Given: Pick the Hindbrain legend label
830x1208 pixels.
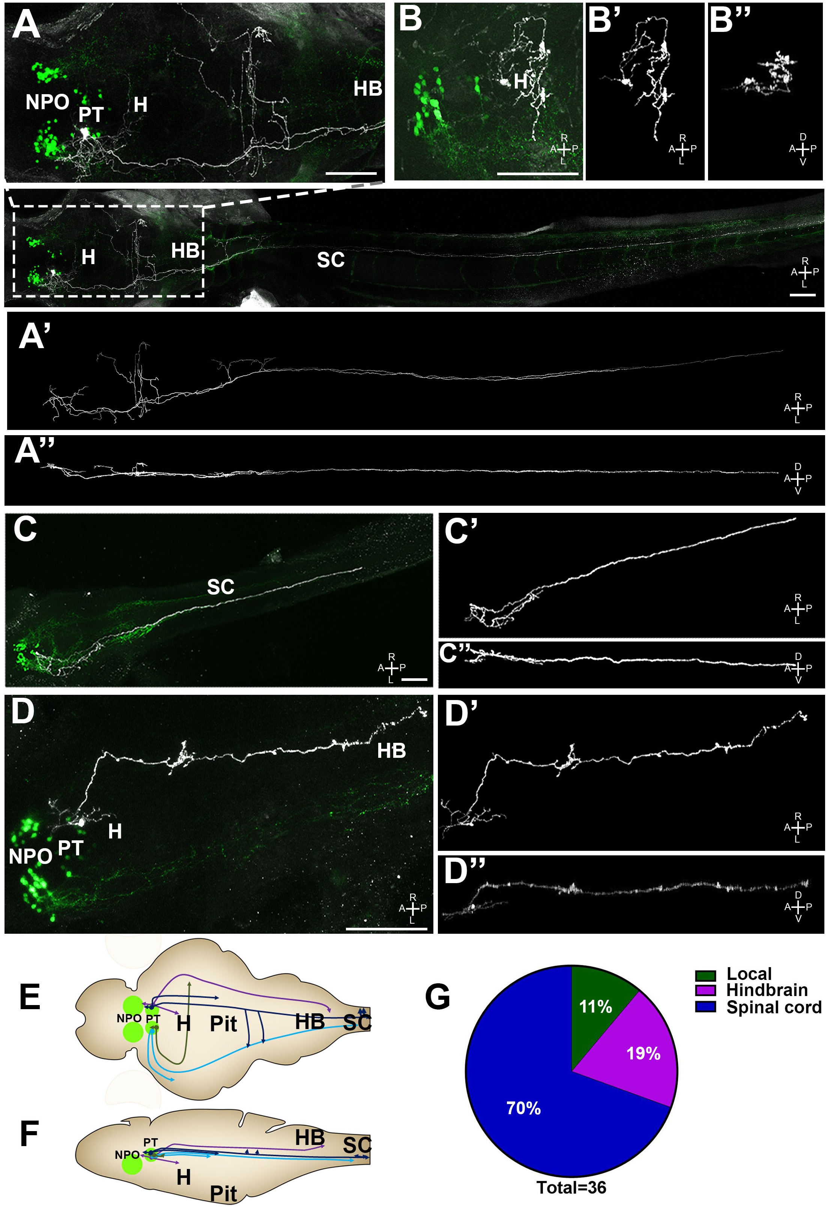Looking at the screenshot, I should point(767,990).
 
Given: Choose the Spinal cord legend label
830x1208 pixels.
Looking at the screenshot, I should point(773,1007).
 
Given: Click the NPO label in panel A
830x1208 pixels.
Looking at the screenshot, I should point(47,102).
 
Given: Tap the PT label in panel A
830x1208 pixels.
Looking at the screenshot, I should point(91,114).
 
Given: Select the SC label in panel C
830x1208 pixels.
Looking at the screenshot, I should point(221,587).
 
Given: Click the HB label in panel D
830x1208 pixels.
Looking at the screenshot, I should point(391,751).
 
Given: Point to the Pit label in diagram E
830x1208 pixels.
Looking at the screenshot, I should point(223,1024).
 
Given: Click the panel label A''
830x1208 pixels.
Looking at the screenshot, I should point(35,451).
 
